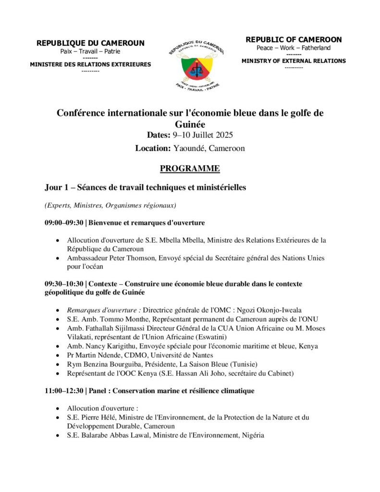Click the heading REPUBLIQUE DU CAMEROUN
[x=90, y=43]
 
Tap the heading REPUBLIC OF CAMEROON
[x=294, y=40]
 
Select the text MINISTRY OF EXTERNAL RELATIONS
[x=294, y=61]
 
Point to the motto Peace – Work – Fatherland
[x=294, y=48]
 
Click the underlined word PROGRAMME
[x=190, y=168]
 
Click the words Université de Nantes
[x=153, y=355]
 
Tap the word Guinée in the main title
[x=190, y=123]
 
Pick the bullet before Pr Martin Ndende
[x=58, y=355]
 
